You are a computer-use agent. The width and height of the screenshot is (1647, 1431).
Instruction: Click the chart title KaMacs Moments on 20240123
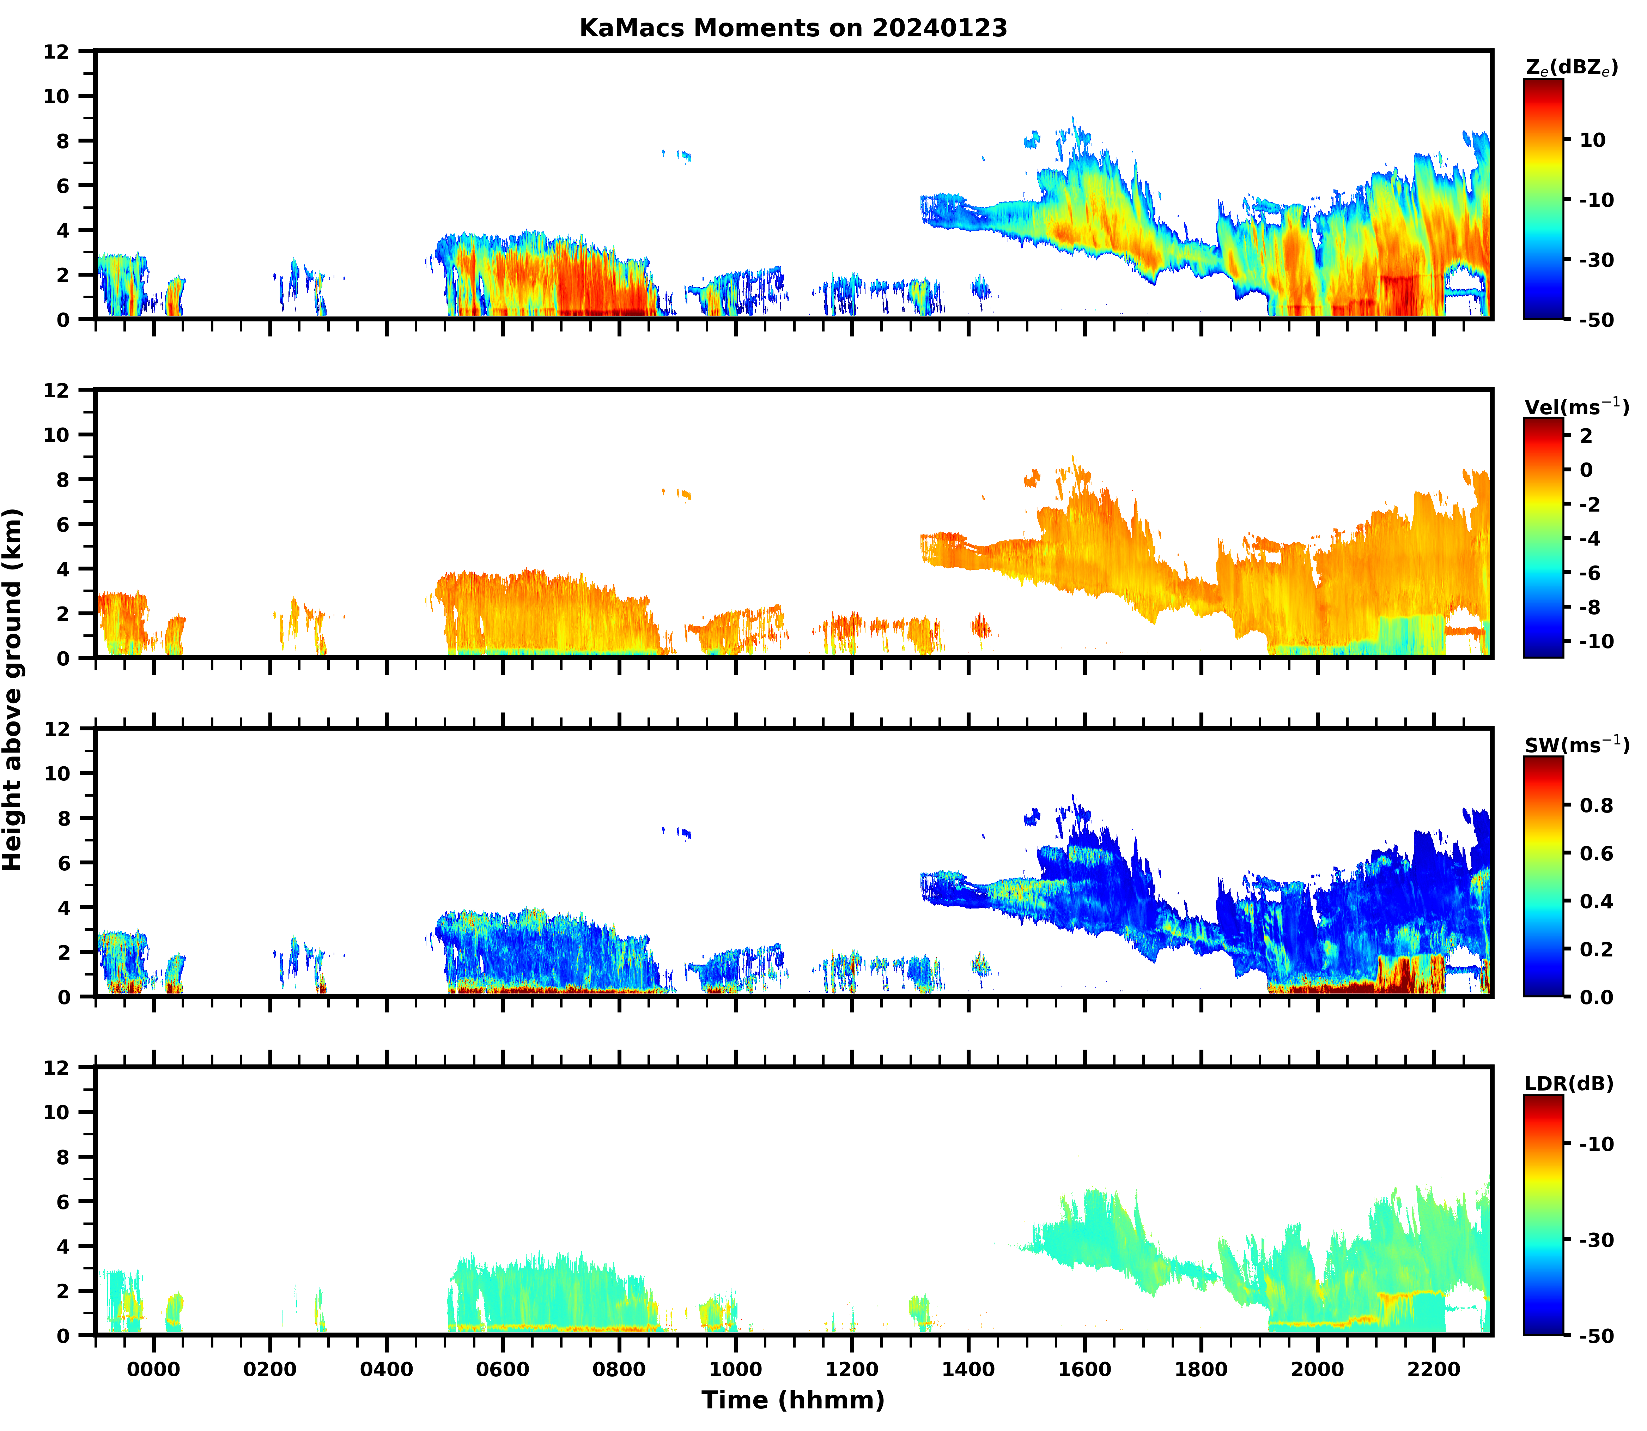(793, 28)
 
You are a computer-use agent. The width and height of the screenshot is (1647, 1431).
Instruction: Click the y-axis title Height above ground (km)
(13, 689)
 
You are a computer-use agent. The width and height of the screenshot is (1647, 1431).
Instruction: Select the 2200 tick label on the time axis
(1434, 1370)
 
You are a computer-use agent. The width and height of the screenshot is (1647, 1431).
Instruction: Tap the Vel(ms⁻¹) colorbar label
(1576, 406)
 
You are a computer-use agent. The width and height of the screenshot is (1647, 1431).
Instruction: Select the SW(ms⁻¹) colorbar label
(1576, 745)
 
